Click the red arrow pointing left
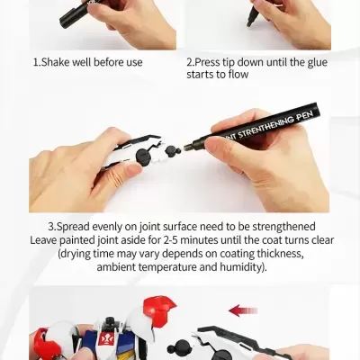point(243,310)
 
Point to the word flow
point(235,75)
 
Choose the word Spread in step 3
point(75,227)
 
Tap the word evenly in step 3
point(118,227)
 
